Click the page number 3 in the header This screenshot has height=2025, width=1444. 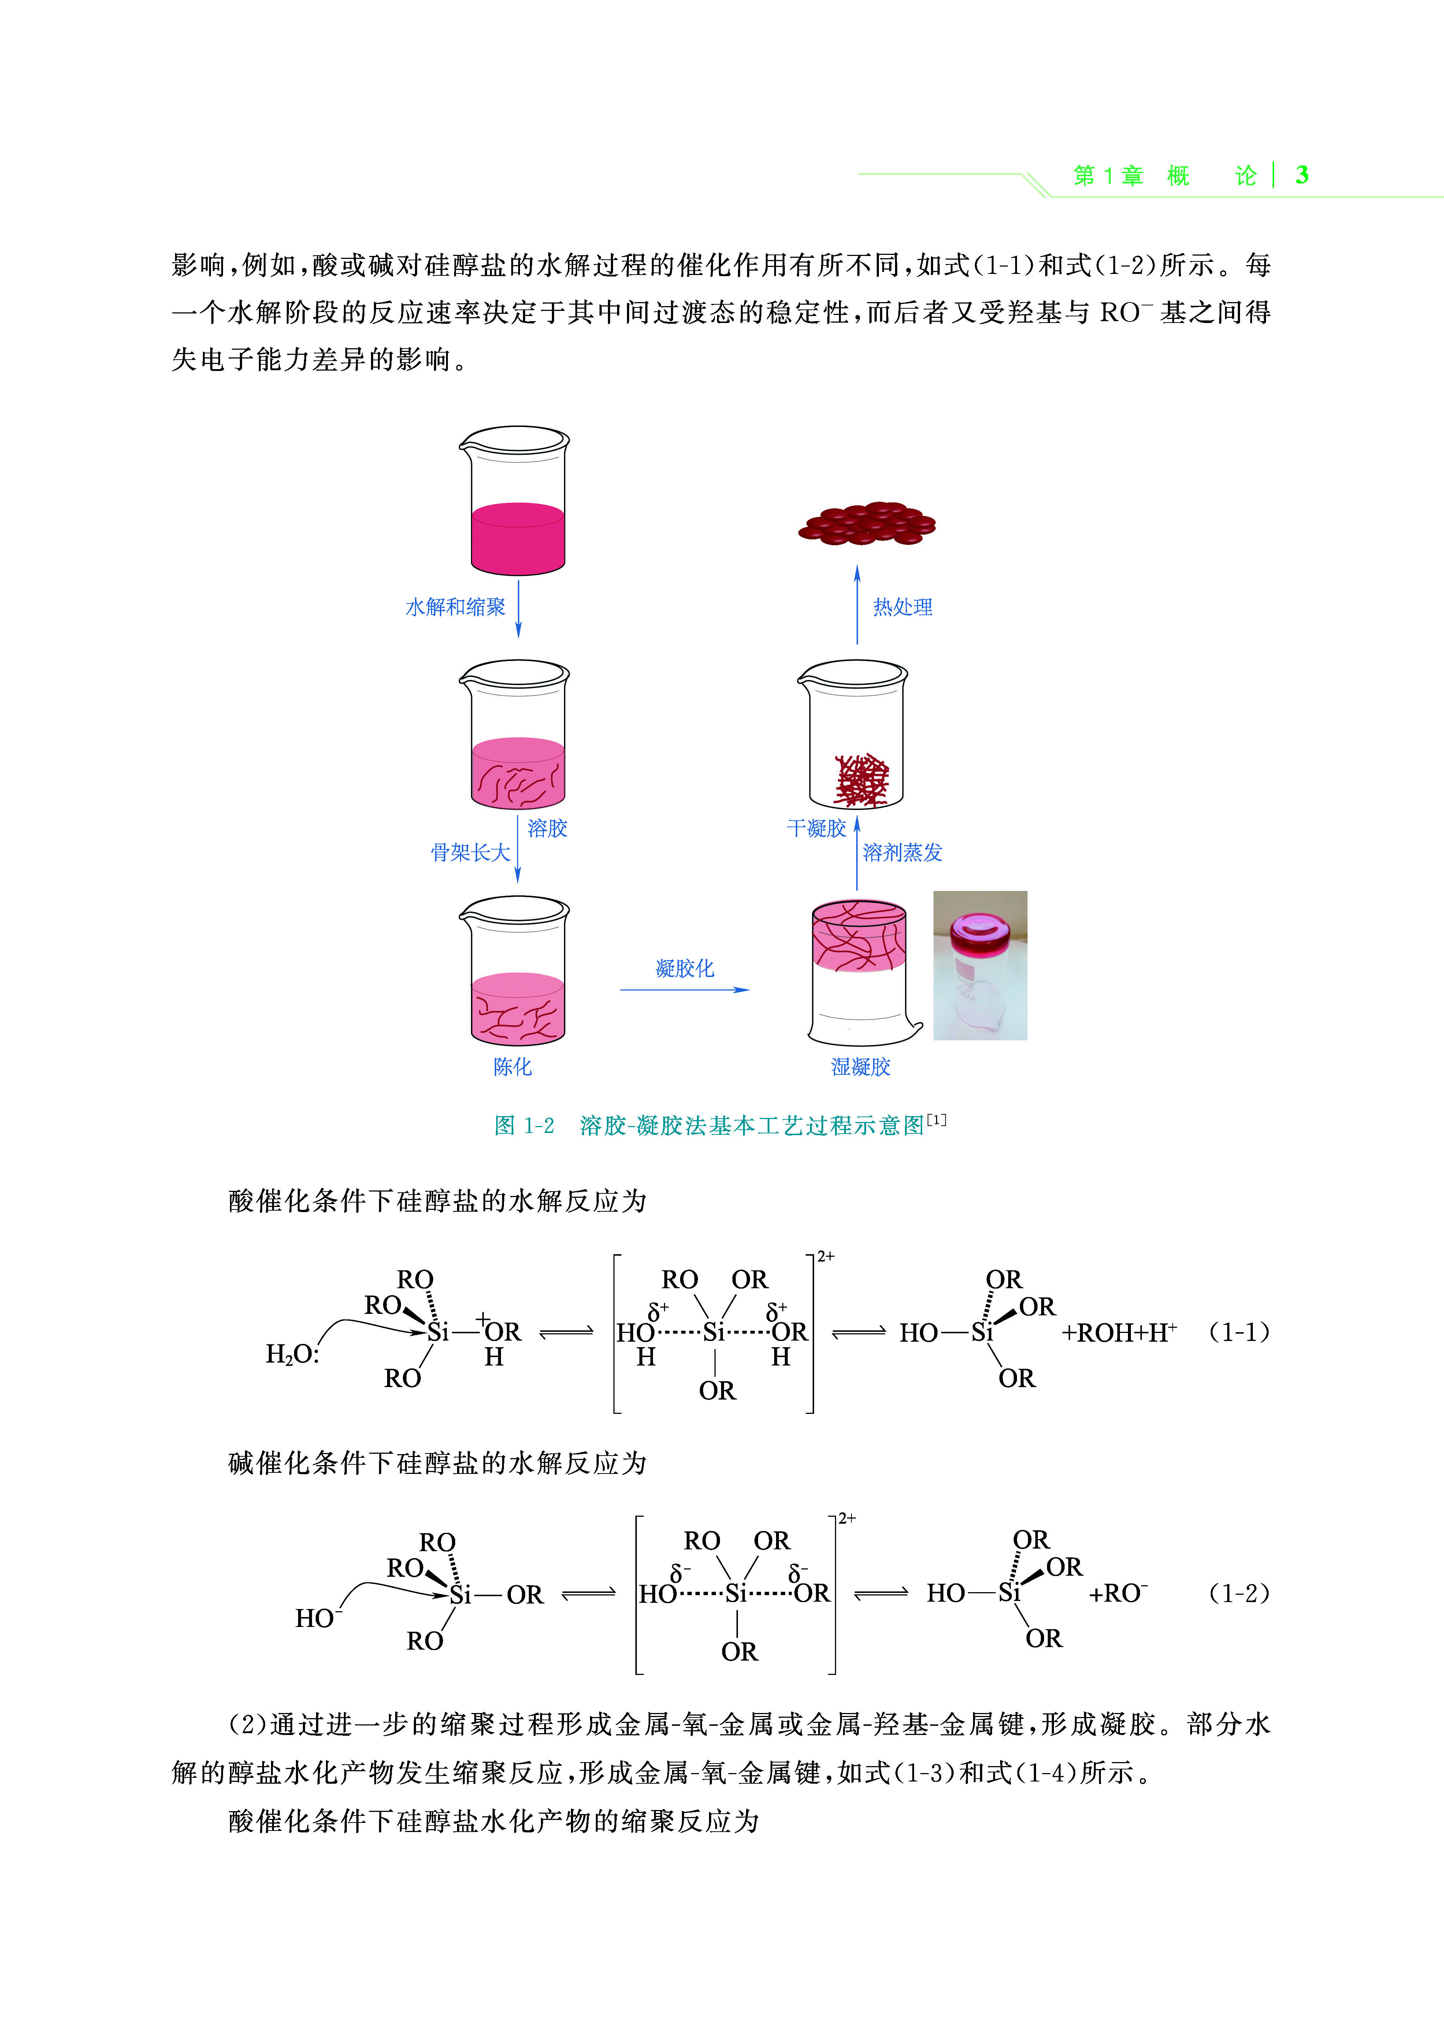[x=1302, y=175]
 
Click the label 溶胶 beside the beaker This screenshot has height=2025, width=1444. [x=547, y=828]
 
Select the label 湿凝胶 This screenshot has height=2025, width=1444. [x=860, y=1067]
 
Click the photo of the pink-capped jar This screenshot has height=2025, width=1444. [x=980, y=965]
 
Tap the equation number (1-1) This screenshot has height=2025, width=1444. [x=1239, y=1331]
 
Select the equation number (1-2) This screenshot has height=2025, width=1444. [x=1239, y=1593]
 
